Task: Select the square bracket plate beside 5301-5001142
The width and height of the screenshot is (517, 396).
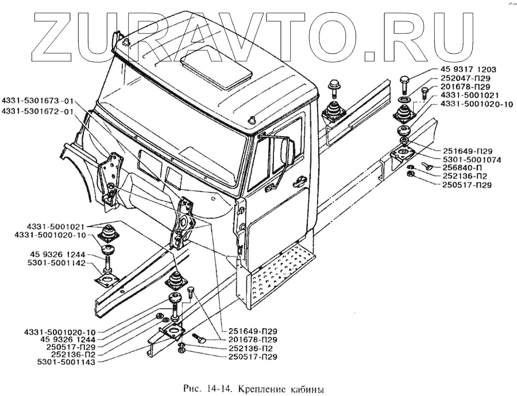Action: (107, 281)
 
